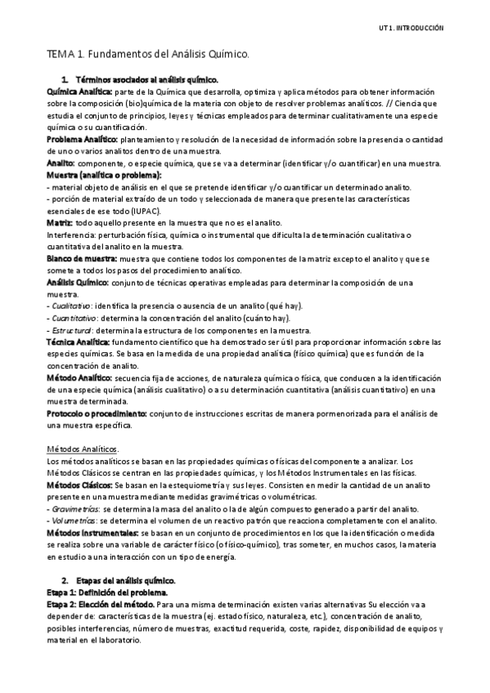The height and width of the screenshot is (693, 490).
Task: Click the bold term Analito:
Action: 62,163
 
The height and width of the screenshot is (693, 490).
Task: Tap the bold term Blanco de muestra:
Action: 83,257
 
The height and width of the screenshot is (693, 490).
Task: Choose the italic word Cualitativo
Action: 71,305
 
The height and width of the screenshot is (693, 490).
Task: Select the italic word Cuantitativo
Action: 73,316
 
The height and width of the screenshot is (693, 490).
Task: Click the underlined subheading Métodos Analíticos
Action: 83,449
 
